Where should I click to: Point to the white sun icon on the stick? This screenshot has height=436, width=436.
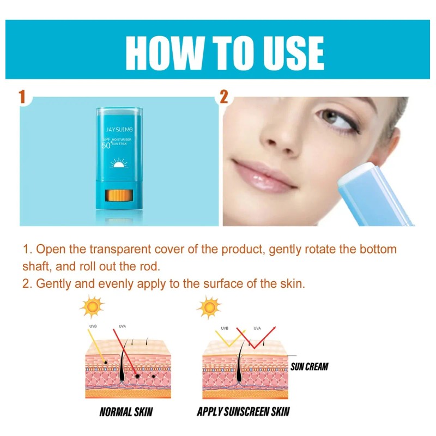click(118, 163)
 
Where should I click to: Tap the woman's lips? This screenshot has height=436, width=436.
click(264, 174)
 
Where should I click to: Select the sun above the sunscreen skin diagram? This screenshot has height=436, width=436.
click(210, 307)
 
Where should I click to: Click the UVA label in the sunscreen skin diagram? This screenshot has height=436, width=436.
click(257, 328)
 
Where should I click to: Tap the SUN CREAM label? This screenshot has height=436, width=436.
click(310, 366)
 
